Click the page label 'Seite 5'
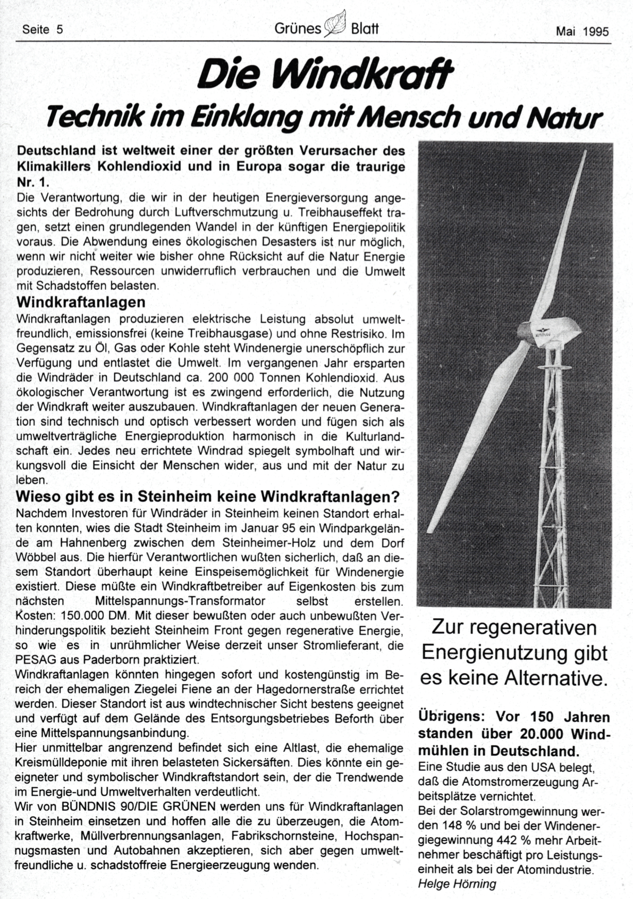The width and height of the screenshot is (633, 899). (43, 30)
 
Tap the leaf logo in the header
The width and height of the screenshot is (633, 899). (336, 24)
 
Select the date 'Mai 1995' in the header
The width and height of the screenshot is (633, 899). (582, 31)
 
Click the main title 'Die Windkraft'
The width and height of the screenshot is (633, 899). (325, 74)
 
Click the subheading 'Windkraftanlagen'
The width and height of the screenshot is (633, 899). (81, 303)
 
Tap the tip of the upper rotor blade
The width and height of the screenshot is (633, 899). (585, 153)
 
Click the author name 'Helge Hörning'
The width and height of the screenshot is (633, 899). (457, 884)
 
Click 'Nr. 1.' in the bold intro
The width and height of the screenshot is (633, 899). (33, 182)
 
